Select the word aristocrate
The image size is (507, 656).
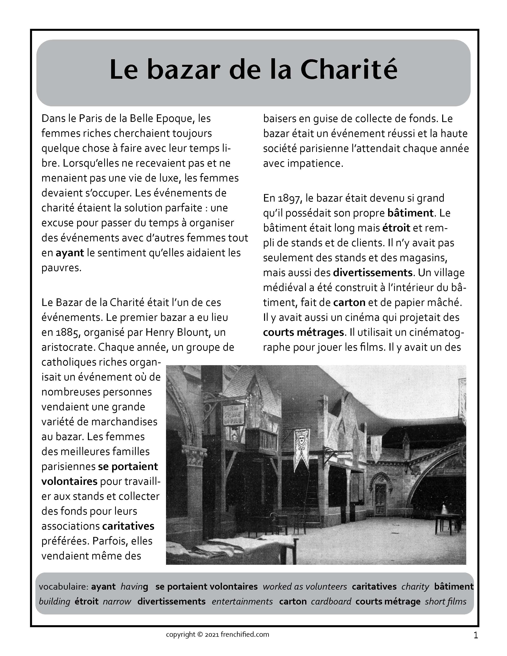coord(68,347)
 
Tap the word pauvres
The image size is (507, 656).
coord(61,268)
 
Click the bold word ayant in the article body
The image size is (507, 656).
coord(70,253)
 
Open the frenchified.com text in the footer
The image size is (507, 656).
coord(245,634)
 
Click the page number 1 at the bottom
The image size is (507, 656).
coord(475,635)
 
